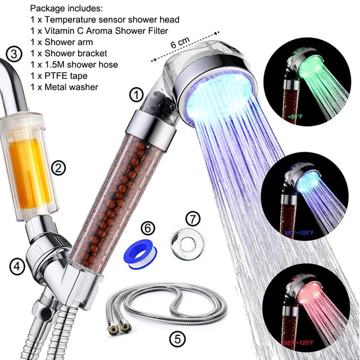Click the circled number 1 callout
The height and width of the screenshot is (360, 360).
(137, 94)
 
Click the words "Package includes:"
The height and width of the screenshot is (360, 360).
(66, 8)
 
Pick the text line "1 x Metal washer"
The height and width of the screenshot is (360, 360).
(64, 87)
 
